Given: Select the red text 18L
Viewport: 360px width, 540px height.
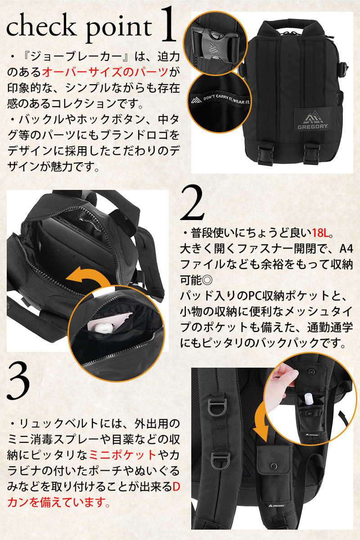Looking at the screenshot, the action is (x=320, y=233).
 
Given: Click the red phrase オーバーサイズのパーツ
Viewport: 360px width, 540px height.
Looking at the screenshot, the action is (x=105, y=72).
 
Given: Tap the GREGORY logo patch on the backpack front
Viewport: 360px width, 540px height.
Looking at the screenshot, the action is (x=313, y=119).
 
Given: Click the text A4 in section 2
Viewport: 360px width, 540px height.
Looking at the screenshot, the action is (x=346, y=249).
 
